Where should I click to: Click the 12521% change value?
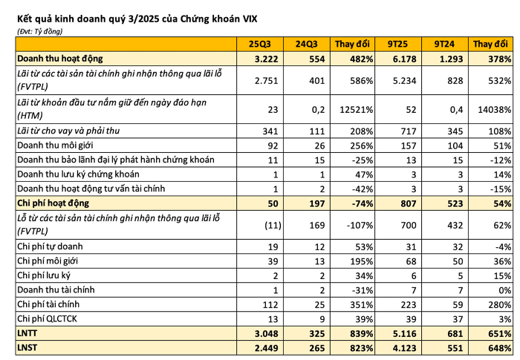click(x=350, y=108)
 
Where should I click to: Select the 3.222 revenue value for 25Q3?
click(x=265, y=58)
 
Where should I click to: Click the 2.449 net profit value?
click(x=264, y=348)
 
